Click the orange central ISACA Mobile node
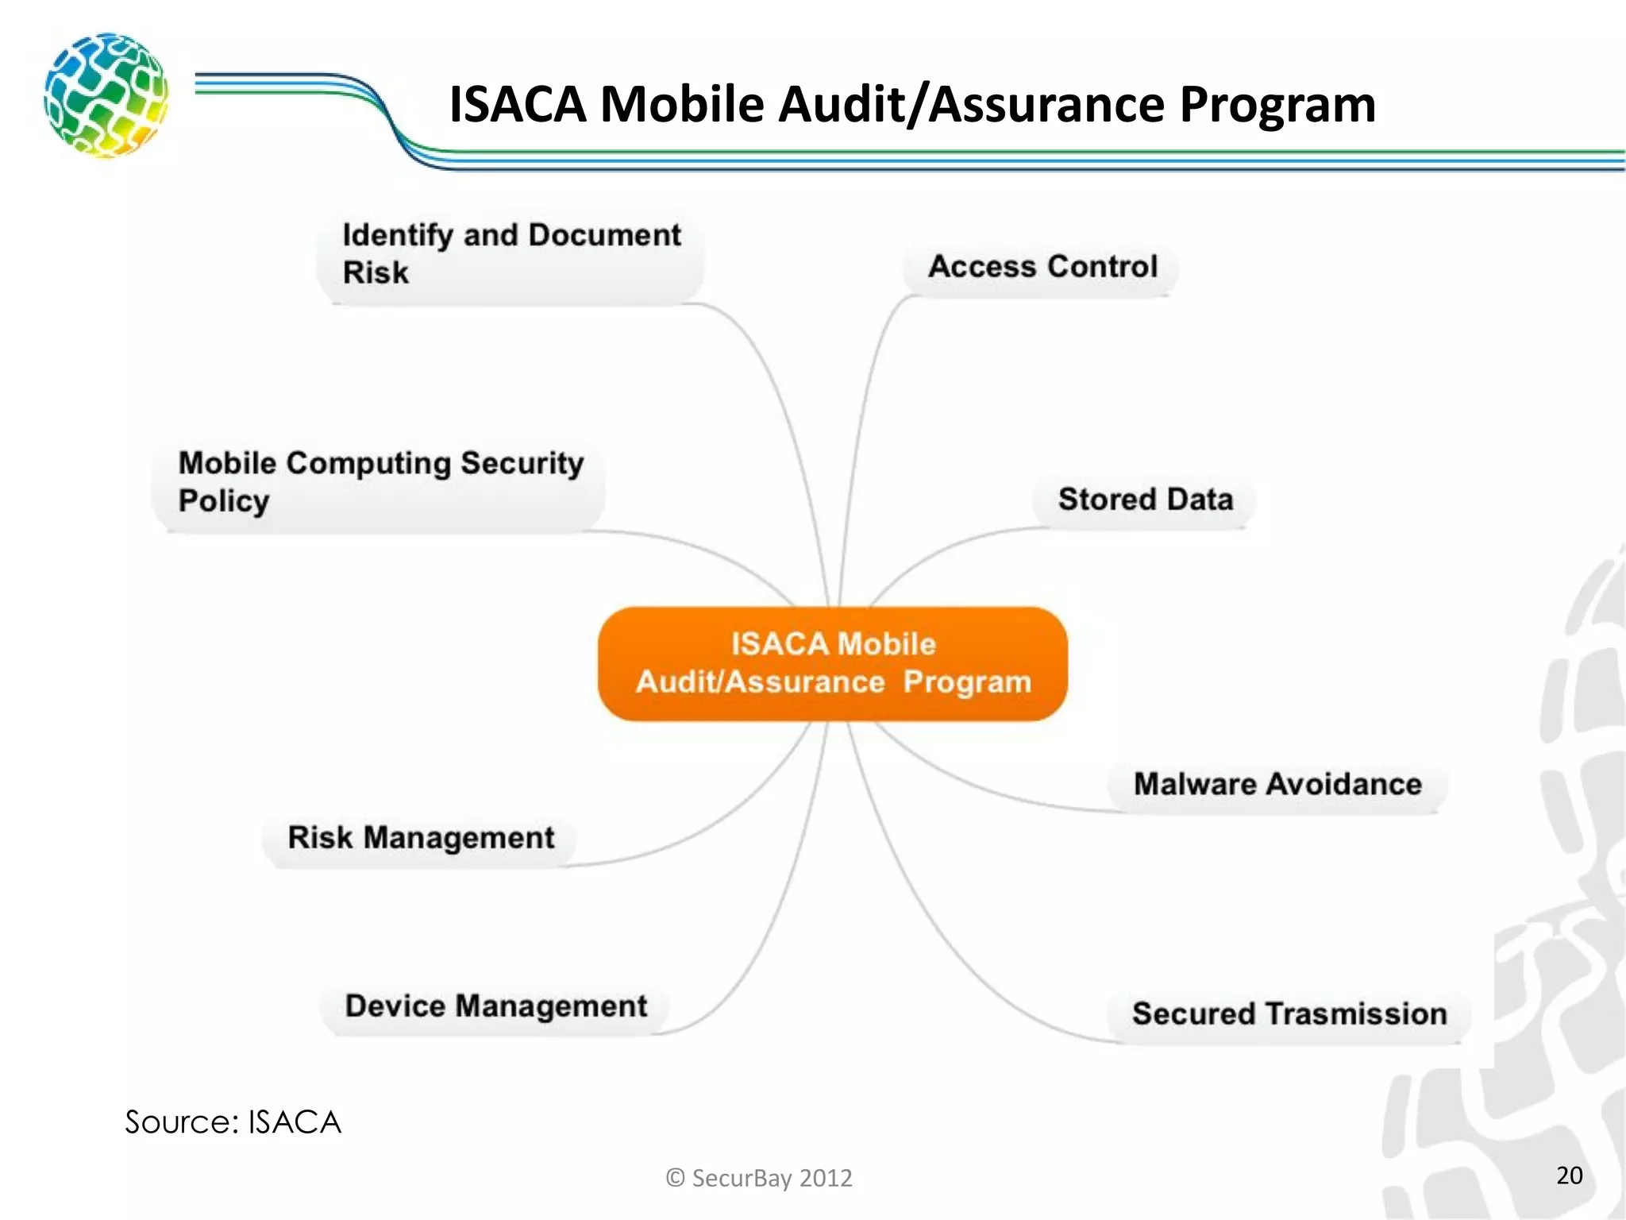click(x=832, y=663)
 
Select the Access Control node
click(x=1042, y=267)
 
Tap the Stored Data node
click(x=1145, y=500)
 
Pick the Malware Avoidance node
click(x=1277, y=785)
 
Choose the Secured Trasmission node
click(x=1289, y=1014)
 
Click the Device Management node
click(x=495, y=1006)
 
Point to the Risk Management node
click(x=421, y=838)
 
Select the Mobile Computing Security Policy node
click(x=380, y=482)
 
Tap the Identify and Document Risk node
click(x=511, y=253)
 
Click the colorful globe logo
click(x=106, y=95)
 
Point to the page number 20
click(x=1569, y=1176)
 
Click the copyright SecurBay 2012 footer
click(x=759, y=1178)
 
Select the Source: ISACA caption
click(x=233, y=1122)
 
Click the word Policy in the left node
click(x=224, y=501)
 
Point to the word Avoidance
click(x=1343, y=785)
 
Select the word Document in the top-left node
click(x=604, y=235)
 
